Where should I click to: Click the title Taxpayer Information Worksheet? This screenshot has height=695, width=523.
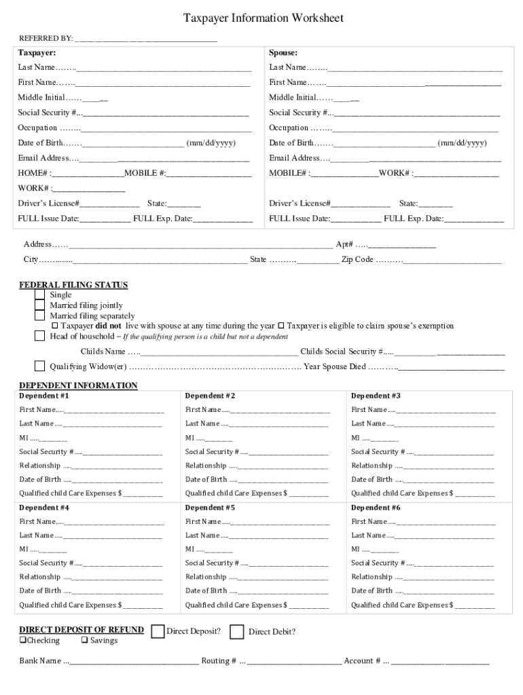[263, 18]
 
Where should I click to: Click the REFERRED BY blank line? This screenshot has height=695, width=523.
[146, 39]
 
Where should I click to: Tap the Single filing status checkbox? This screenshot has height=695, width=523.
[39, 295]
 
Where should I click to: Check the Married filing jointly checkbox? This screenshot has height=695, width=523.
[39, 305]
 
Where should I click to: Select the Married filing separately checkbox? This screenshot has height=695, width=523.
[39, 316]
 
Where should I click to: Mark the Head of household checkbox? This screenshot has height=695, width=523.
[39, 336]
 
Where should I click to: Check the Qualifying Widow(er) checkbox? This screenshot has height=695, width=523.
[39, 367]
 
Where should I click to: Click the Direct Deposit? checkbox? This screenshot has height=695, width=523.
[158, 632]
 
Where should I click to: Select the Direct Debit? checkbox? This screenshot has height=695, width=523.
[237, 632]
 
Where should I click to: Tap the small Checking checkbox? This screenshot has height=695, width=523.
[22, 641]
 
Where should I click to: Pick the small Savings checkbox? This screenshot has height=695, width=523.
[84, 641]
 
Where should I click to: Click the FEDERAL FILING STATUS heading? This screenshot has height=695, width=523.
[73, 285]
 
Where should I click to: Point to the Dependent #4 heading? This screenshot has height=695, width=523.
[44, 508]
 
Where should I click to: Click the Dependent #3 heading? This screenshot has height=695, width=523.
[376, 396]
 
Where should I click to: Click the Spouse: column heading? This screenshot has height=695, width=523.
[283, 52]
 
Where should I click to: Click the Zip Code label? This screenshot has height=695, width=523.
[357, 259]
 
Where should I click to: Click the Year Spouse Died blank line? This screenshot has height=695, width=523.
[452, 367]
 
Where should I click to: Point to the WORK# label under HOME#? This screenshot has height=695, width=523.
[34, 188]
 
